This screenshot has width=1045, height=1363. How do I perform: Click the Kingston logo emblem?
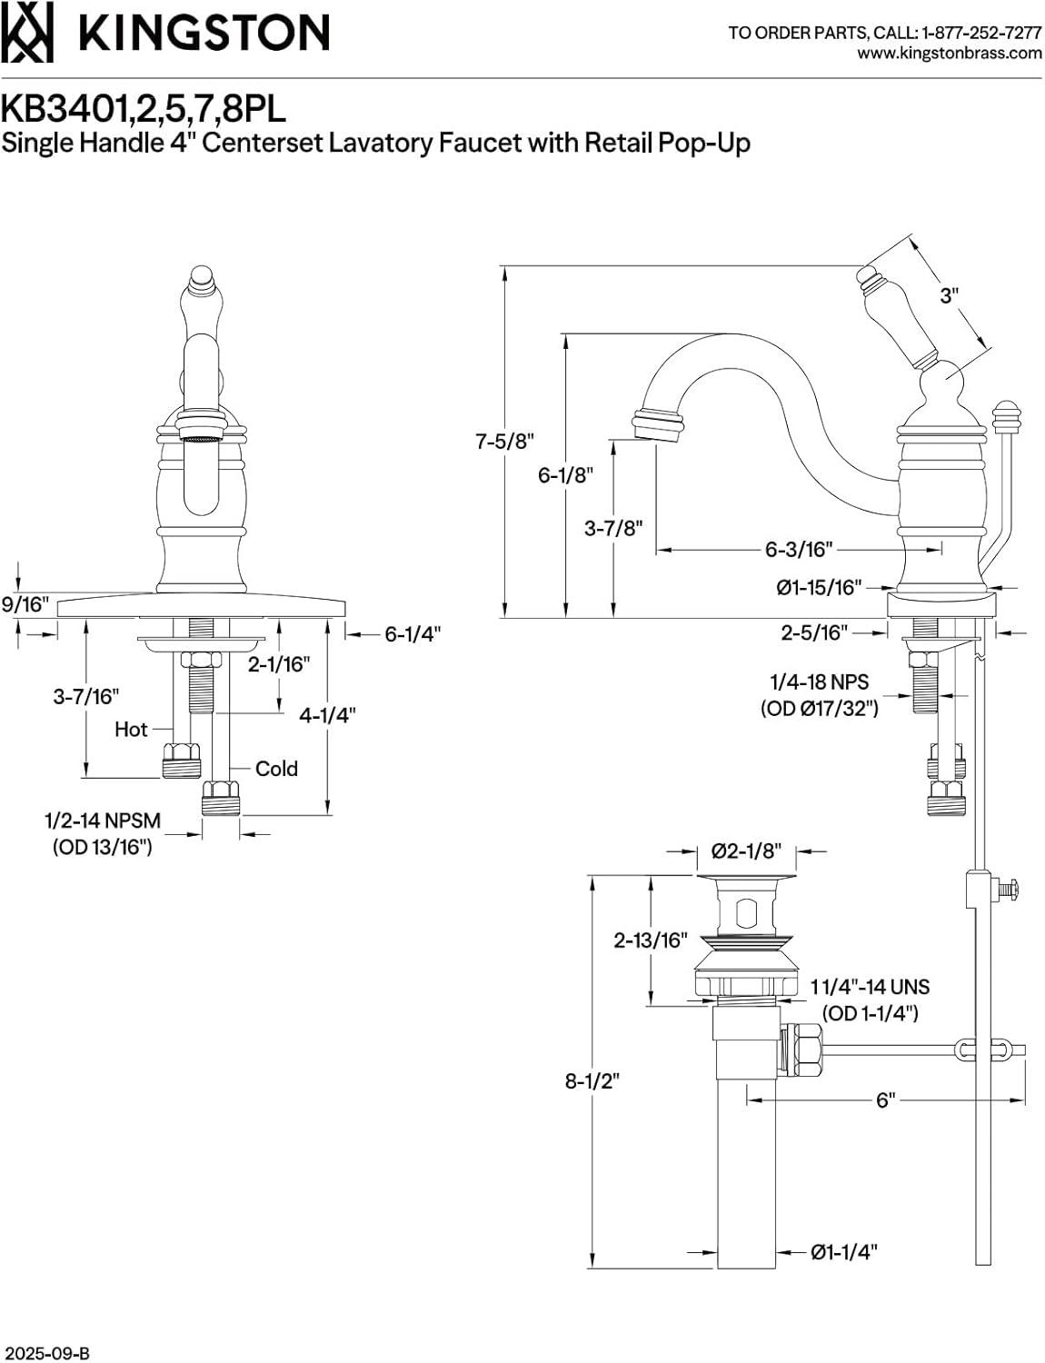click(26, 33)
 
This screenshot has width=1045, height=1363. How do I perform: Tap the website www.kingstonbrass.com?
click(950, 53)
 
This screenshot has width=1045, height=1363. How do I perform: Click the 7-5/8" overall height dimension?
click(505, 442)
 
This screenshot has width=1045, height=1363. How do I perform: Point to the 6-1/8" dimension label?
click(565, 474)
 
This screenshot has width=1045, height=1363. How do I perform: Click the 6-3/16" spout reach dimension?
click(799, 549)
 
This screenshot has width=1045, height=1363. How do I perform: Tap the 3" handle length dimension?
click(949, 295)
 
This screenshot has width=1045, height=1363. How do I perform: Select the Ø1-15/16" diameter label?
click(818, 587)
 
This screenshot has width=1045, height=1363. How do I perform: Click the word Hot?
click(131, 729)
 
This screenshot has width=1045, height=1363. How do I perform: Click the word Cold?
click(276, 769)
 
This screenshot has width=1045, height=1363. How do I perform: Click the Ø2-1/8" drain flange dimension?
click(745, 851)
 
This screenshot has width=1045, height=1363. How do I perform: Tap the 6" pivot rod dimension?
click(886, 1099)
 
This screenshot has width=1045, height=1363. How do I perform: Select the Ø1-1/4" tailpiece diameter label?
click(844, 1252)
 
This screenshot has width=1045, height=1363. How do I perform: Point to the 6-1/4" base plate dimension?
click(412, 633)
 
